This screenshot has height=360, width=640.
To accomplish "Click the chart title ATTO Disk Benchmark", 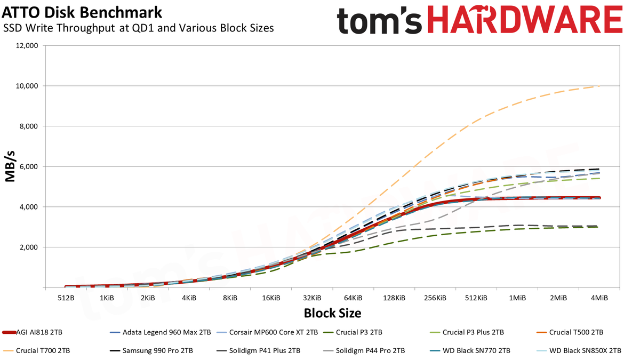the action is click(x=82, y=12).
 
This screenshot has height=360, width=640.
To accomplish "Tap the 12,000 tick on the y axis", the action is click(x=28, y=46).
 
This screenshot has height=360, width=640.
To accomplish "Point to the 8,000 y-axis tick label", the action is click(x=29, y=126).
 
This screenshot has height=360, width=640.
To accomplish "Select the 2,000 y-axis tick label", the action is click(x=29, y=247).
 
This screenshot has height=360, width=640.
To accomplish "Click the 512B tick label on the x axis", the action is click(x=66, y=298).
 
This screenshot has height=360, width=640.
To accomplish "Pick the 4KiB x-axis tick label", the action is click(x=189, y=298).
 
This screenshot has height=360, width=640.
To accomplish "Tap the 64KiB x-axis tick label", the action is click(x=353, y=298).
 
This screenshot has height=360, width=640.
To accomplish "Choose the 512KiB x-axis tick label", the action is click(x=476, y=298).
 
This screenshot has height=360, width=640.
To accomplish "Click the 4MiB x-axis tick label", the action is click(x=599, y=298).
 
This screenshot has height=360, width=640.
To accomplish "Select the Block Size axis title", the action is click(x=333, y=313).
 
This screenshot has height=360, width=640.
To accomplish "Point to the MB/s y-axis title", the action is click(x=10, y=166).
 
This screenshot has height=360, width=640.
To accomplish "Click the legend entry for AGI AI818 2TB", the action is click(x=32, y=332).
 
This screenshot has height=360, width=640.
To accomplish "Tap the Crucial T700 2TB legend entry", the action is click(x=36, y=350).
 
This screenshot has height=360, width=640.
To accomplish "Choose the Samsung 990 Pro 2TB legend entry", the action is click(x=151, y=350).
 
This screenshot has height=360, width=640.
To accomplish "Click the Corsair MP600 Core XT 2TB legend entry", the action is click(x=267, y=332).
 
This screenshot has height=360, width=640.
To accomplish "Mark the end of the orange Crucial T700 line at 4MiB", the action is click(x=599, y=86).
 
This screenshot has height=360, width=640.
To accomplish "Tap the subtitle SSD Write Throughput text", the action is click(x=59, y=28).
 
